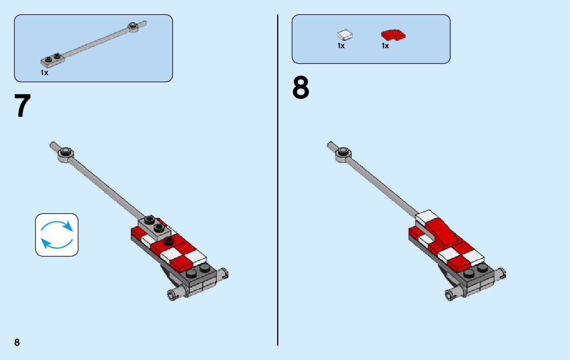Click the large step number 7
[22, 106]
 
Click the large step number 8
[300, 88]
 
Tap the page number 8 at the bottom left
[17, 342]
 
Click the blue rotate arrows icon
[57, 235]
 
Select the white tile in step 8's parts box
[345, 35]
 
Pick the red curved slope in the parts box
[393, 35]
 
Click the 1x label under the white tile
[341, 46]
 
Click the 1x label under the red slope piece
[385, 46]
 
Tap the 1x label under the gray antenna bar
[44, 73]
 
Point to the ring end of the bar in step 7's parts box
[133, 26]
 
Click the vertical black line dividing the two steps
[278, 180]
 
